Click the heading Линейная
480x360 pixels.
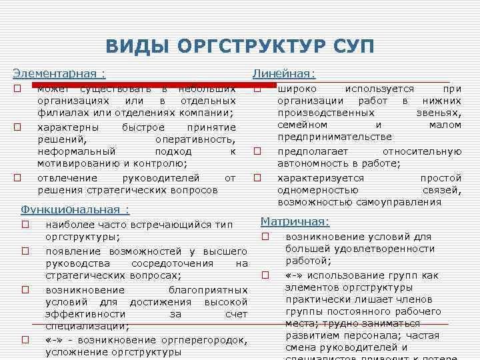[x=283, y=74]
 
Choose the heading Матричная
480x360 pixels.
[x=295, y=221]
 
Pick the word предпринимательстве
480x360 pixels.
[x=335, y=137]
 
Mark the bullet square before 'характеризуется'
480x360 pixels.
[x=257, y=178]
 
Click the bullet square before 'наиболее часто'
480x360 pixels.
[x=25, y=225]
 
